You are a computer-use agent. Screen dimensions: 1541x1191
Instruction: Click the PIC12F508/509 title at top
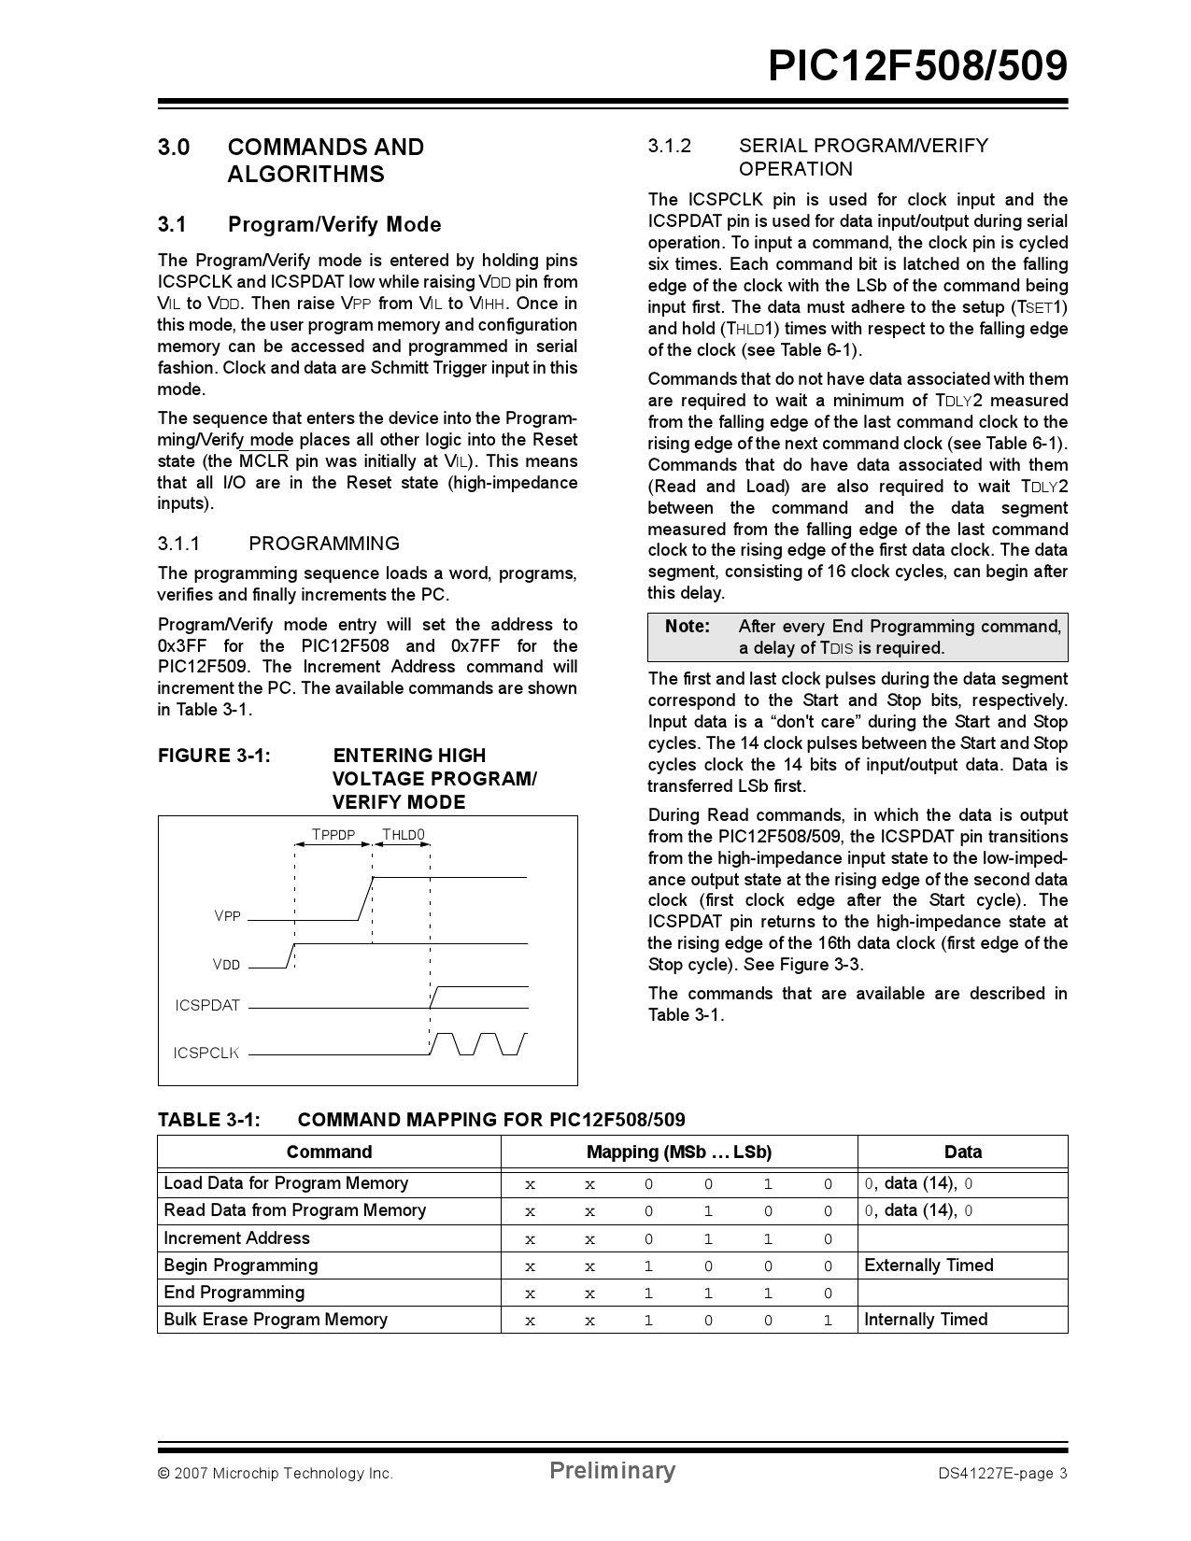(x=917, y=67)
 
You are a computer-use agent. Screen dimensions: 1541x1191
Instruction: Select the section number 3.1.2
(x=670, y=146)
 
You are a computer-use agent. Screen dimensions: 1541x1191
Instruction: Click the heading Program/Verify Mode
(x=334, y=225)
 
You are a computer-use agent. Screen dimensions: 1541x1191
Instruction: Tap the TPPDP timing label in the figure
(x=333, y=835)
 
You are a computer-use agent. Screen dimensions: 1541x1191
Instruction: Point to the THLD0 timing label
(x=404, y=835)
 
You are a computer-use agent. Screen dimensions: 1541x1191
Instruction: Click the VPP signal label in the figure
(x=228, y=916)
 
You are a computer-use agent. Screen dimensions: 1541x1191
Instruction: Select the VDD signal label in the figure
(x=227, y=965)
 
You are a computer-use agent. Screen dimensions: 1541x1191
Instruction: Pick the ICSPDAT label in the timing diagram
(x=207, y=1006)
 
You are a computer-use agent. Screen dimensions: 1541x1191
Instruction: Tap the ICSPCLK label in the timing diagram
(x=206, y=1053)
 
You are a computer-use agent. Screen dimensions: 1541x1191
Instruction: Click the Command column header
(x=329, y=1152)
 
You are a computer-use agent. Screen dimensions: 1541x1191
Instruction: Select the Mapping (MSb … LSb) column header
(x=679, y=1152)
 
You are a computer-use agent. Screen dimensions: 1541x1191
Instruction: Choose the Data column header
(x=962, y=1152)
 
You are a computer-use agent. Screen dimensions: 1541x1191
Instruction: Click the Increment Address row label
(x=236, y=1238)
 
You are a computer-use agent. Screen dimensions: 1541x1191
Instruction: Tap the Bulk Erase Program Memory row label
(x=276, y=1320)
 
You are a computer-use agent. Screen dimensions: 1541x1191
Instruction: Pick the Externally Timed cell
(x=929, y=1265)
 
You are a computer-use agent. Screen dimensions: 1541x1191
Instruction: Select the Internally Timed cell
(x=926, y=1320)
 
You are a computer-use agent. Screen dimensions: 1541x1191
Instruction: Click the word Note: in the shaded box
(x=688, y=627)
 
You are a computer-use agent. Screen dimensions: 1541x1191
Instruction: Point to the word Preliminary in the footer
(x=612, y=1471)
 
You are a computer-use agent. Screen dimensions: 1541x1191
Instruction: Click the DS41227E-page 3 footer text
(x=1002, y=1475)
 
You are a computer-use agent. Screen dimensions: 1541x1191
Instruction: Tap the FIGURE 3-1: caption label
(x=214, y=756)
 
